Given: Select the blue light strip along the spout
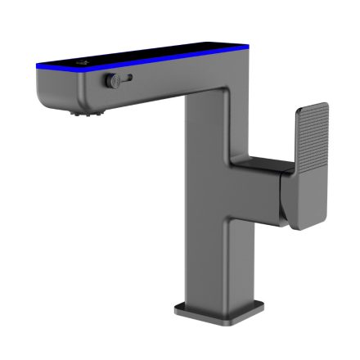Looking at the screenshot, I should pyautogui.click(x=164, y=61).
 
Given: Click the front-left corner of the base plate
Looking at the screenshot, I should pyautogui.click(x=177, y=309).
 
